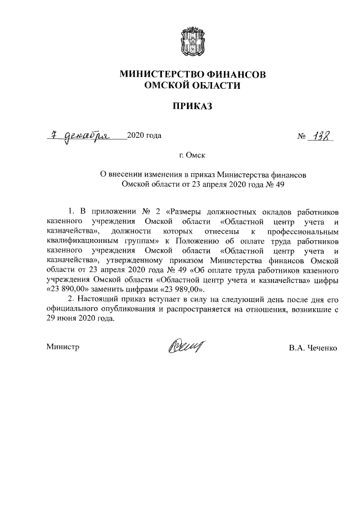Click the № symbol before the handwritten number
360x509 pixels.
(x=301, y=137)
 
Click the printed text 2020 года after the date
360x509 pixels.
(x=145, y=136)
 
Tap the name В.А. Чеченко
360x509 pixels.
(x=313, y=348)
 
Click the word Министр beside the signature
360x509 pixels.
(x=62, y=347)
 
